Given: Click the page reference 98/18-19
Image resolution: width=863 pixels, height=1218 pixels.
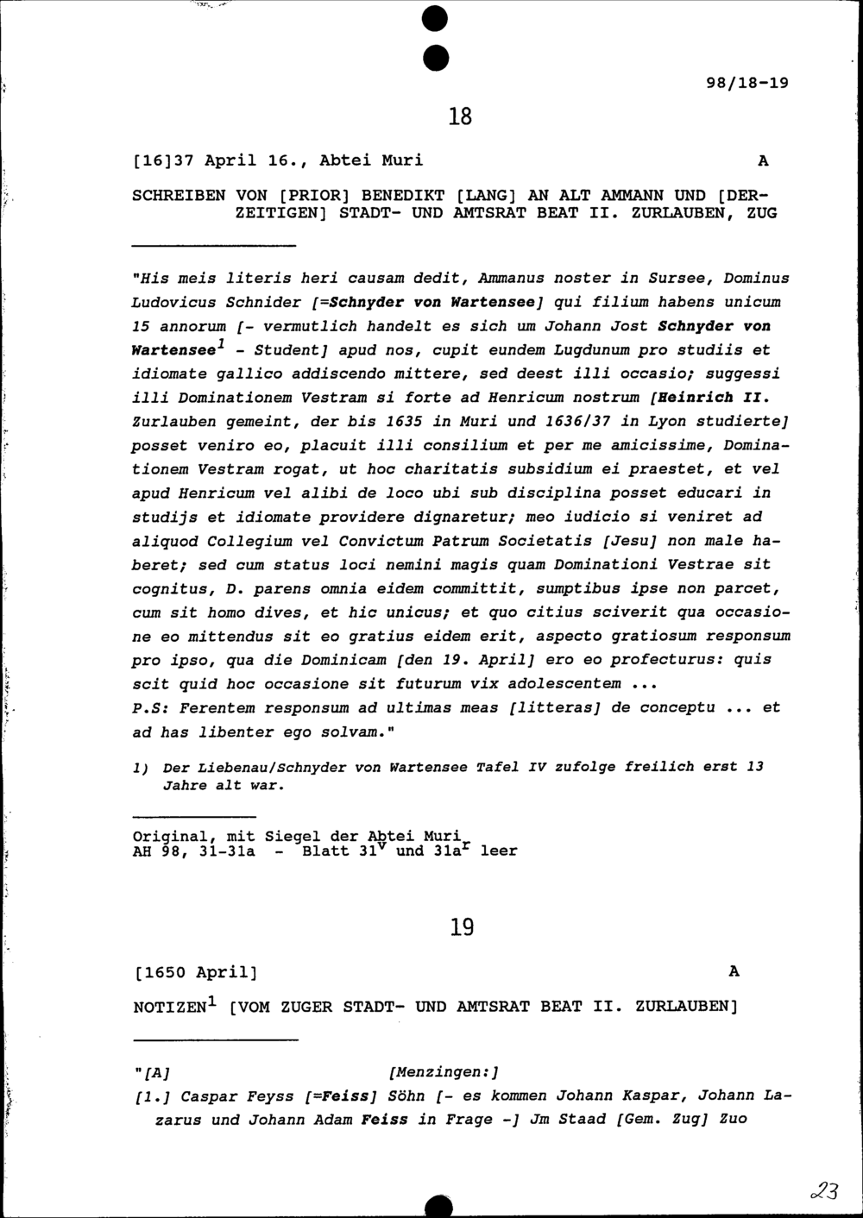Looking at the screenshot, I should click(x=746, y=84).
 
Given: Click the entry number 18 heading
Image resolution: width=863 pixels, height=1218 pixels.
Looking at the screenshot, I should click(x=461, y=116).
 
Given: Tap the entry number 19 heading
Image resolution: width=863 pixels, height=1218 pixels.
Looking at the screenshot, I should click(x=462, y=928).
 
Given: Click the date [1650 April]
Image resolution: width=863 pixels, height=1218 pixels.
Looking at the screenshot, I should click(x=196, y=973).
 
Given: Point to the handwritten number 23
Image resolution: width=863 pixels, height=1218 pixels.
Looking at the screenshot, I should click(x=824, y=1192).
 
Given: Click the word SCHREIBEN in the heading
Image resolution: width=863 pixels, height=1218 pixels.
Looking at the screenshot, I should click(x=179, y=196).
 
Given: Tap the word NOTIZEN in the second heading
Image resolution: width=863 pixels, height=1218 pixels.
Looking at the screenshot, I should click(x=169, y=1008).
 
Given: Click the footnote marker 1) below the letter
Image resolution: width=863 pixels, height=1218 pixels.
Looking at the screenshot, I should click(x=141, y=767).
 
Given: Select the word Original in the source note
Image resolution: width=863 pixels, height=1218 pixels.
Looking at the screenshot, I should click(x=169, y=836).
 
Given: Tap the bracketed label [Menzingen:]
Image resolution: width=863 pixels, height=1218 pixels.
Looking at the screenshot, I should click(x=444, y=1072).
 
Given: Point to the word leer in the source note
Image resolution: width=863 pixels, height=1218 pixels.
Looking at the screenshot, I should click(x=499, y=851).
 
